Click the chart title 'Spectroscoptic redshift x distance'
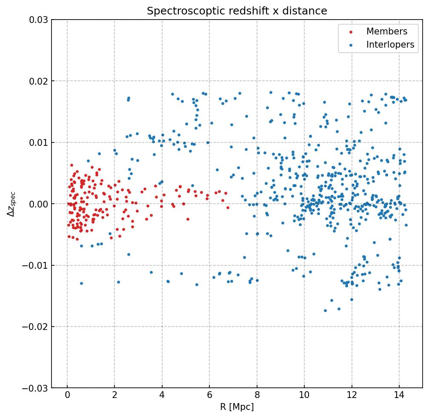[237, 11]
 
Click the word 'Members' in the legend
[387, 31]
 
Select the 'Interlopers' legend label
[390, 45]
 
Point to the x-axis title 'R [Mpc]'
[237, 407]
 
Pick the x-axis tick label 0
[67, 396]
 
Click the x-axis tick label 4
[162, 396]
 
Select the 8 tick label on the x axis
[257, 396]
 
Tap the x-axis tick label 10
[304, 396]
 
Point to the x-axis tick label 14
[399, 396]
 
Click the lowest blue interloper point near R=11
[326, 310]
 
